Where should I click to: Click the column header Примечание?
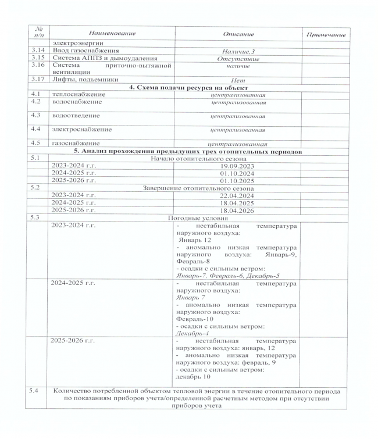pos(329,35)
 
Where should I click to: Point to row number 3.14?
pos(38,51)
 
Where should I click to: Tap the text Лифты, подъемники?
pos(85,79)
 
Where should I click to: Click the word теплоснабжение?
pos(79,94)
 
